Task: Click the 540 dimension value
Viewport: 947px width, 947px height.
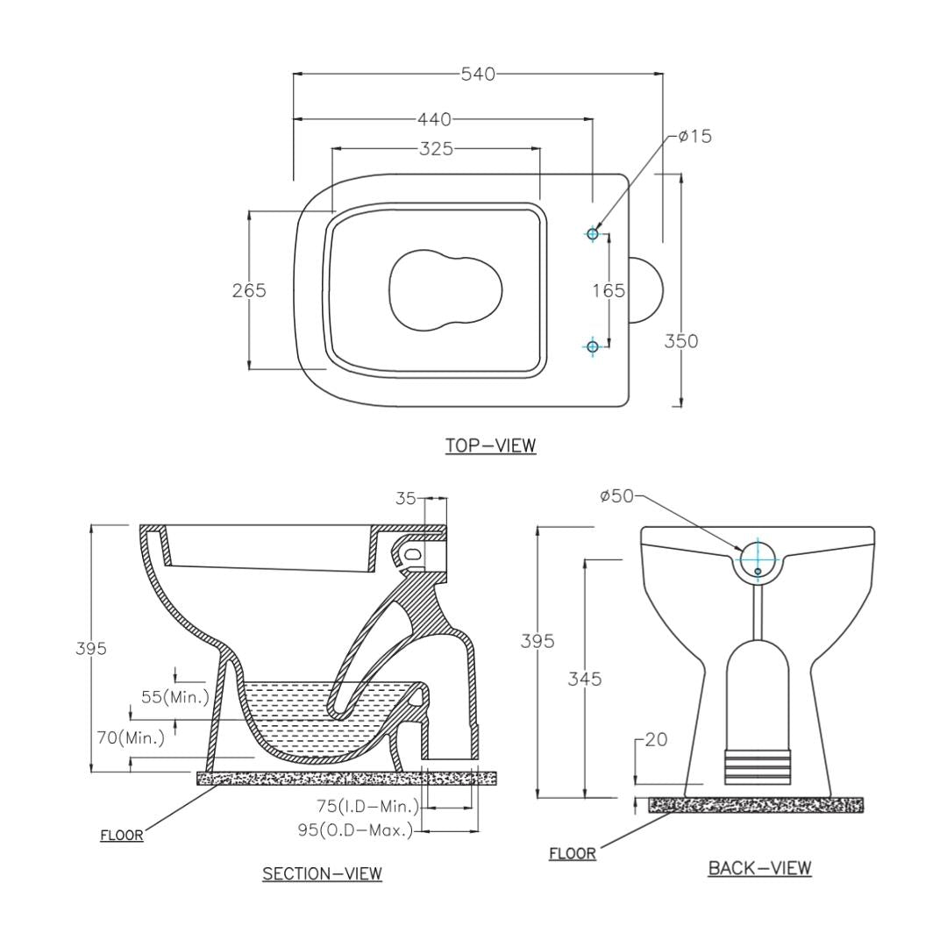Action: [478, 74]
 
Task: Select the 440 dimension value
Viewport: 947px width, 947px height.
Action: [434, 118]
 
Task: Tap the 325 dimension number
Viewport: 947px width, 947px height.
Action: [436, 149]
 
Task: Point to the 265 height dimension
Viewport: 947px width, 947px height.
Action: [249, 290]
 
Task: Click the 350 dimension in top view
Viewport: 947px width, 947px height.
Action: [680, 341]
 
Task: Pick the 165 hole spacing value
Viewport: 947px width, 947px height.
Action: [608, 290]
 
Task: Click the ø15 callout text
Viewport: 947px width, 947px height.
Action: [694, 136]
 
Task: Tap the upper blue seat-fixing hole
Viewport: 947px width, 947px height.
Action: [593, 233]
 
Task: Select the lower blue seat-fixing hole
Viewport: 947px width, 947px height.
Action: [593, 346]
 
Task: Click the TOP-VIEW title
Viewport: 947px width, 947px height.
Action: [490, 445]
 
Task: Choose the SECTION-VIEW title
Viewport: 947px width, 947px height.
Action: [322, 873]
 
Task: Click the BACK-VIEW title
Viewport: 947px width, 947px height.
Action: [759, 868]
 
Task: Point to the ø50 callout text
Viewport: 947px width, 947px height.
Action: [616, 495]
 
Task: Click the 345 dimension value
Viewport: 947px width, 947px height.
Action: [584, 679]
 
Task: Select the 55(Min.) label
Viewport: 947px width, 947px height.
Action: [175, 697]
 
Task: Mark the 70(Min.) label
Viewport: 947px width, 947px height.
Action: [131, 737]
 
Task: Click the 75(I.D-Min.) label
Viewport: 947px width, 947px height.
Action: [367, 806]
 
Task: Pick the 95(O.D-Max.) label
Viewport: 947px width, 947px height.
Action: [355, 830]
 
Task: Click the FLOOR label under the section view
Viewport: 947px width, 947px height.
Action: [122, 835]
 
